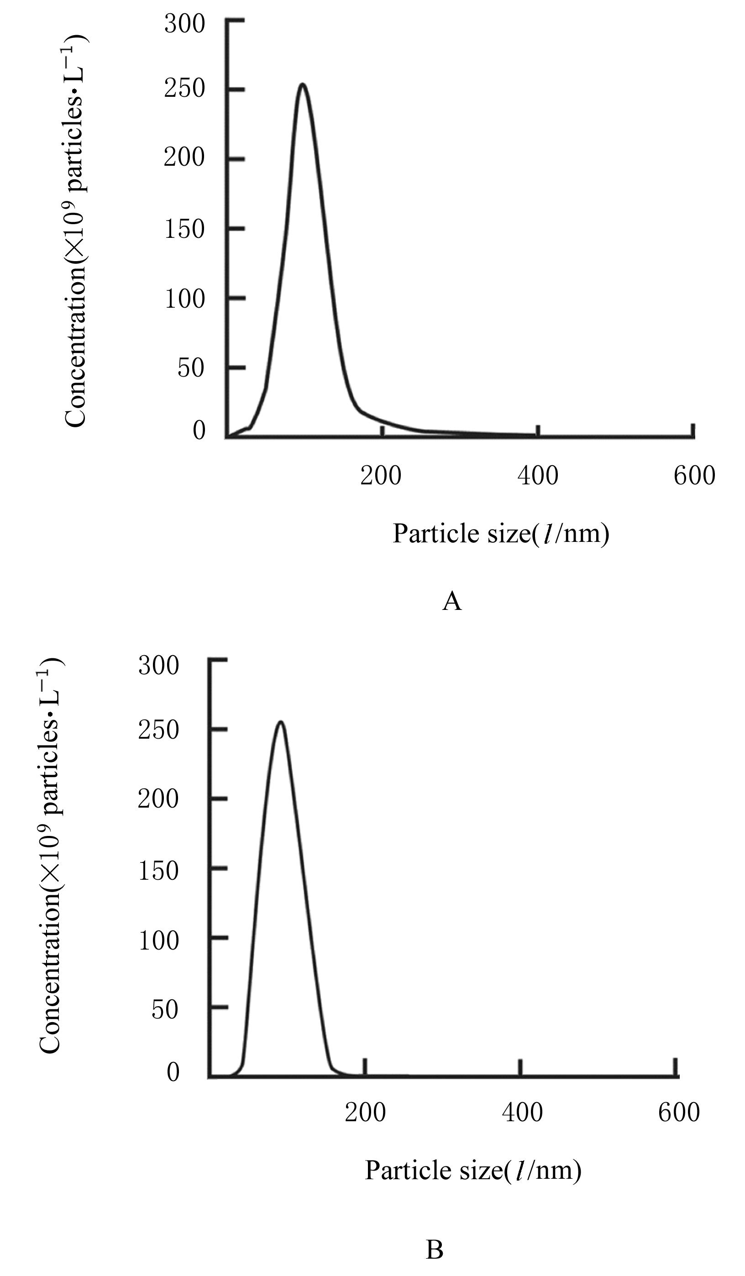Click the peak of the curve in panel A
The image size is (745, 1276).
click(302, 84)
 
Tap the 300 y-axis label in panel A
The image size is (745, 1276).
click(185, 24)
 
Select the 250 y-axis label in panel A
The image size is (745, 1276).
click(185, 89)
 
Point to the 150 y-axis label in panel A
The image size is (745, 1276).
click(185, 229)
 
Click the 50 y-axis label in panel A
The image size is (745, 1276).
click(191, 368)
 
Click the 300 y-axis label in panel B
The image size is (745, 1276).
click(159, 665)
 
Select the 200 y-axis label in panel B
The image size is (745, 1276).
click(158, 799)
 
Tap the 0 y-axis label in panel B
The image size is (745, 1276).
click(173, 1072)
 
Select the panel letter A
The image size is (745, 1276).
click(452, 602)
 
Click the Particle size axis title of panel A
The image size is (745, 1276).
click(500, 534)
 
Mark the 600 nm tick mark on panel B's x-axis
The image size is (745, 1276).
click(675, 1066)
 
